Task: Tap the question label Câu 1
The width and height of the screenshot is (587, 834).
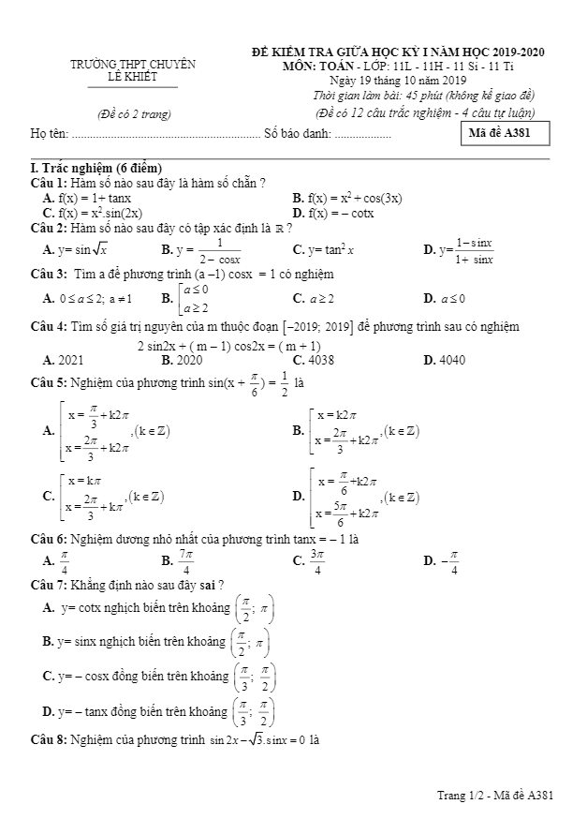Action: [48, 183]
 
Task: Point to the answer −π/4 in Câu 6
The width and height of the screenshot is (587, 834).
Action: [451, 561]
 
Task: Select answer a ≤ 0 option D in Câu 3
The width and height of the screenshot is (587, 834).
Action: [453, 299]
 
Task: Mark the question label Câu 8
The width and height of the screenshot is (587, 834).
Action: [48, 739]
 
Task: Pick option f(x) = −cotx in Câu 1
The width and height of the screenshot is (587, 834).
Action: [342, 213]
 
